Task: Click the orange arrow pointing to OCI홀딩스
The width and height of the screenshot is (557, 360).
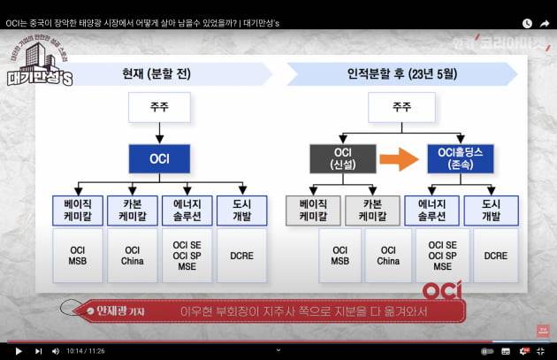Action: [x=398, y=160]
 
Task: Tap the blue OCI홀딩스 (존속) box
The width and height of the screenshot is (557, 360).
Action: [x=459, y=159]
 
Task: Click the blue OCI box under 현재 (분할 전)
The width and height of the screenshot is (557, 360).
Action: [x=159, y=159]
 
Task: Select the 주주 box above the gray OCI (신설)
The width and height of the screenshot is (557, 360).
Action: [x=401, y=108]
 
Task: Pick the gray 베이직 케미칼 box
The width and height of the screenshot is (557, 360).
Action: [x=313, y=210]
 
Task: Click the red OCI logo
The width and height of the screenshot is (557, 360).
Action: [x=442, y=290]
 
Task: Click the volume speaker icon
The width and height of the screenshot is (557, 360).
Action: [x=55, y=351]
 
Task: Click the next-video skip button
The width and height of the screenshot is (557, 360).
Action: [x=38, y=351]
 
